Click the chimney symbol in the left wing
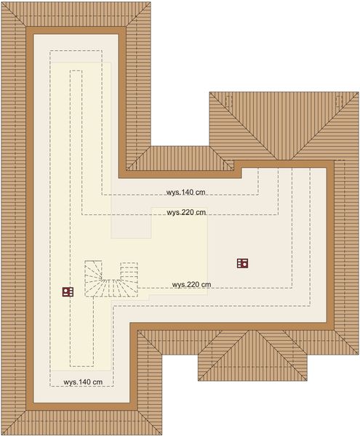(68, 291)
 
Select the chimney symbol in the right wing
(243, 263)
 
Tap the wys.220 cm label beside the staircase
(191, 284)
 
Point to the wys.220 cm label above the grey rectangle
(186, 213)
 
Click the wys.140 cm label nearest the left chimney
(82, 381)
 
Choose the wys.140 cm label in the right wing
(185, 193)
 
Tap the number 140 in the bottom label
(85, 381)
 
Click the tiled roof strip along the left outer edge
(13, 218)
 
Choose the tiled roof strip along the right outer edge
(347, 240)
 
